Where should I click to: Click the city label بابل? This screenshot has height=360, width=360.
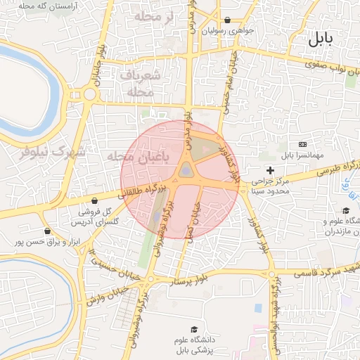tap(323, 40)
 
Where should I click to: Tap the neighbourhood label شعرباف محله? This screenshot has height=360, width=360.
tap(140, 83)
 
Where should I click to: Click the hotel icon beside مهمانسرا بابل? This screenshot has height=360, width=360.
tap(302, 143)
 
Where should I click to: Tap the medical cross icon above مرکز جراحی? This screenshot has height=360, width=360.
tap(270, 170)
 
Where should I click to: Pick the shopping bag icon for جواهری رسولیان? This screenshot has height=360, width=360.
tap(227, 20)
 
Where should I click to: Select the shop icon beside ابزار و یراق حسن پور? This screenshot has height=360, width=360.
tap(47, 231)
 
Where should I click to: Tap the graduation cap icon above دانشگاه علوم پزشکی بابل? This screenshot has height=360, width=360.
tap(194, 329)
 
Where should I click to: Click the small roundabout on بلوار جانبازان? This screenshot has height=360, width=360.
tap(90, 94)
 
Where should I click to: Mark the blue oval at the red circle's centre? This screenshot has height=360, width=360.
tap(185, 170)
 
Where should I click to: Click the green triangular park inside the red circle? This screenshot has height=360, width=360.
tap(205, 148)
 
